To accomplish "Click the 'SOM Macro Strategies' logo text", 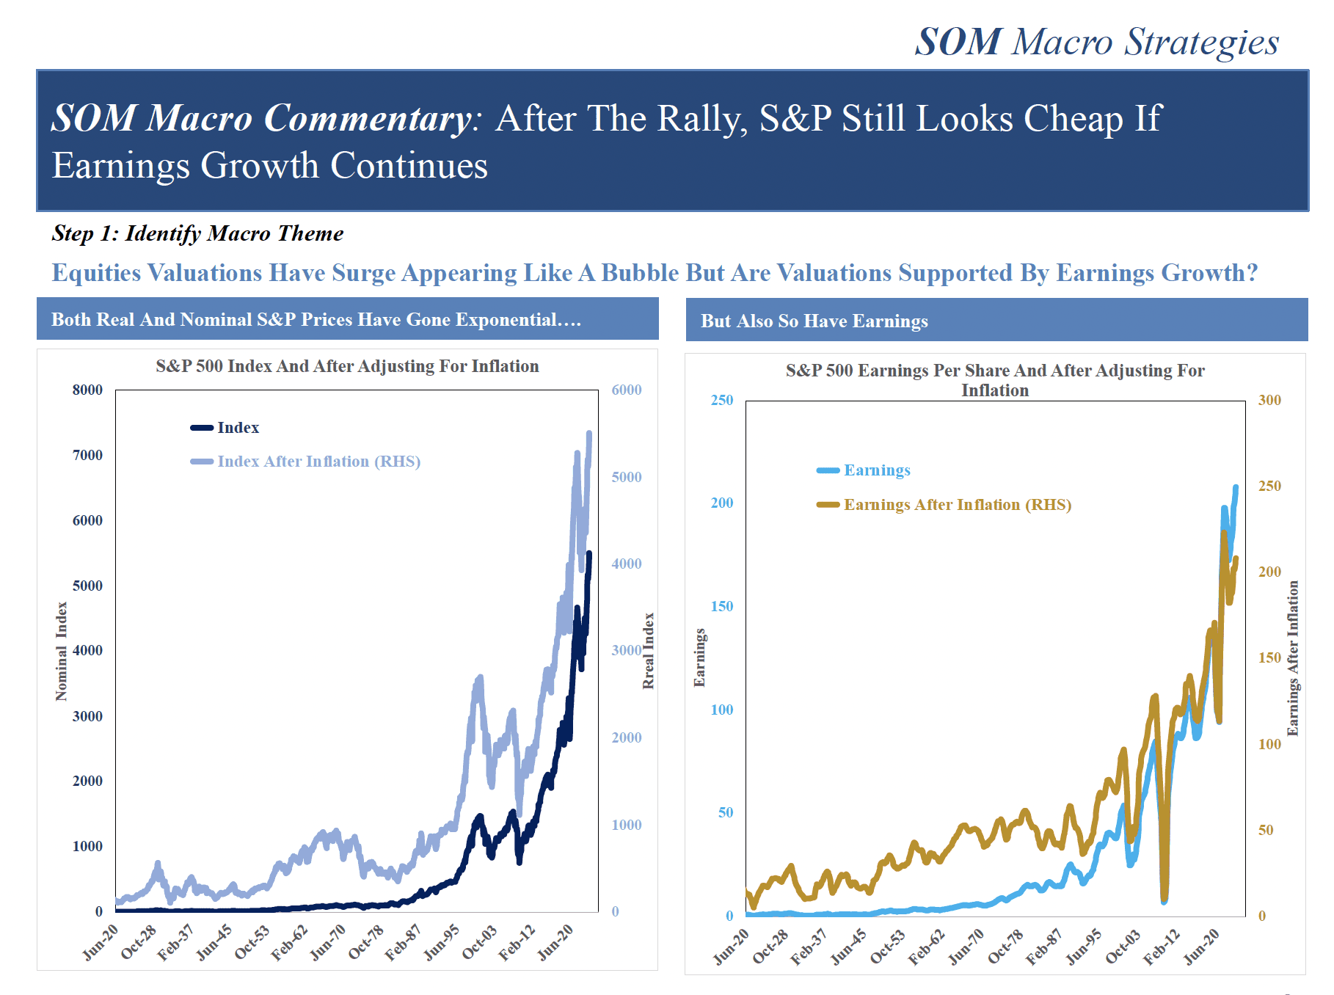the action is tap(1097, 42).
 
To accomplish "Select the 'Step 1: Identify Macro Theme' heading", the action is tap(197, 233).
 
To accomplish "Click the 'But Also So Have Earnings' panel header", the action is tap(814, 321).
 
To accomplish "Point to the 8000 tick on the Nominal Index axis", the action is tap(87, 390).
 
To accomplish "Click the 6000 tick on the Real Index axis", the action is tap(627, 390).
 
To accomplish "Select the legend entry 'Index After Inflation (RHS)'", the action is tap(305, 462).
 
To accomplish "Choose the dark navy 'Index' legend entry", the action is tap(225, 428).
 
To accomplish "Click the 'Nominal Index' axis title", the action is tap(62, 652).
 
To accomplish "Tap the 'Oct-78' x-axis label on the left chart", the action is tap(365, 941).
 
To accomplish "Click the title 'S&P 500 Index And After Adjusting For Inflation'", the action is tap(347, 366).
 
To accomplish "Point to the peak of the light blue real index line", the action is tap(589, 433).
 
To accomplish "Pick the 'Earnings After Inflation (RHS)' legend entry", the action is tap(944, 505).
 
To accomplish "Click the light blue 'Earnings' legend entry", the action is tap(864, 470).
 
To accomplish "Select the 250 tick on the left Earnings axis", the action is tap(722, 400).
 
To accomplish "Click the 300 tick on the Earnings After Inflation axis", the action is tap(1270, 400).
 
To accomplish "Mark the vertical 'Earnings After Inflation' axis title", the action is tap(1293, 658).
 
